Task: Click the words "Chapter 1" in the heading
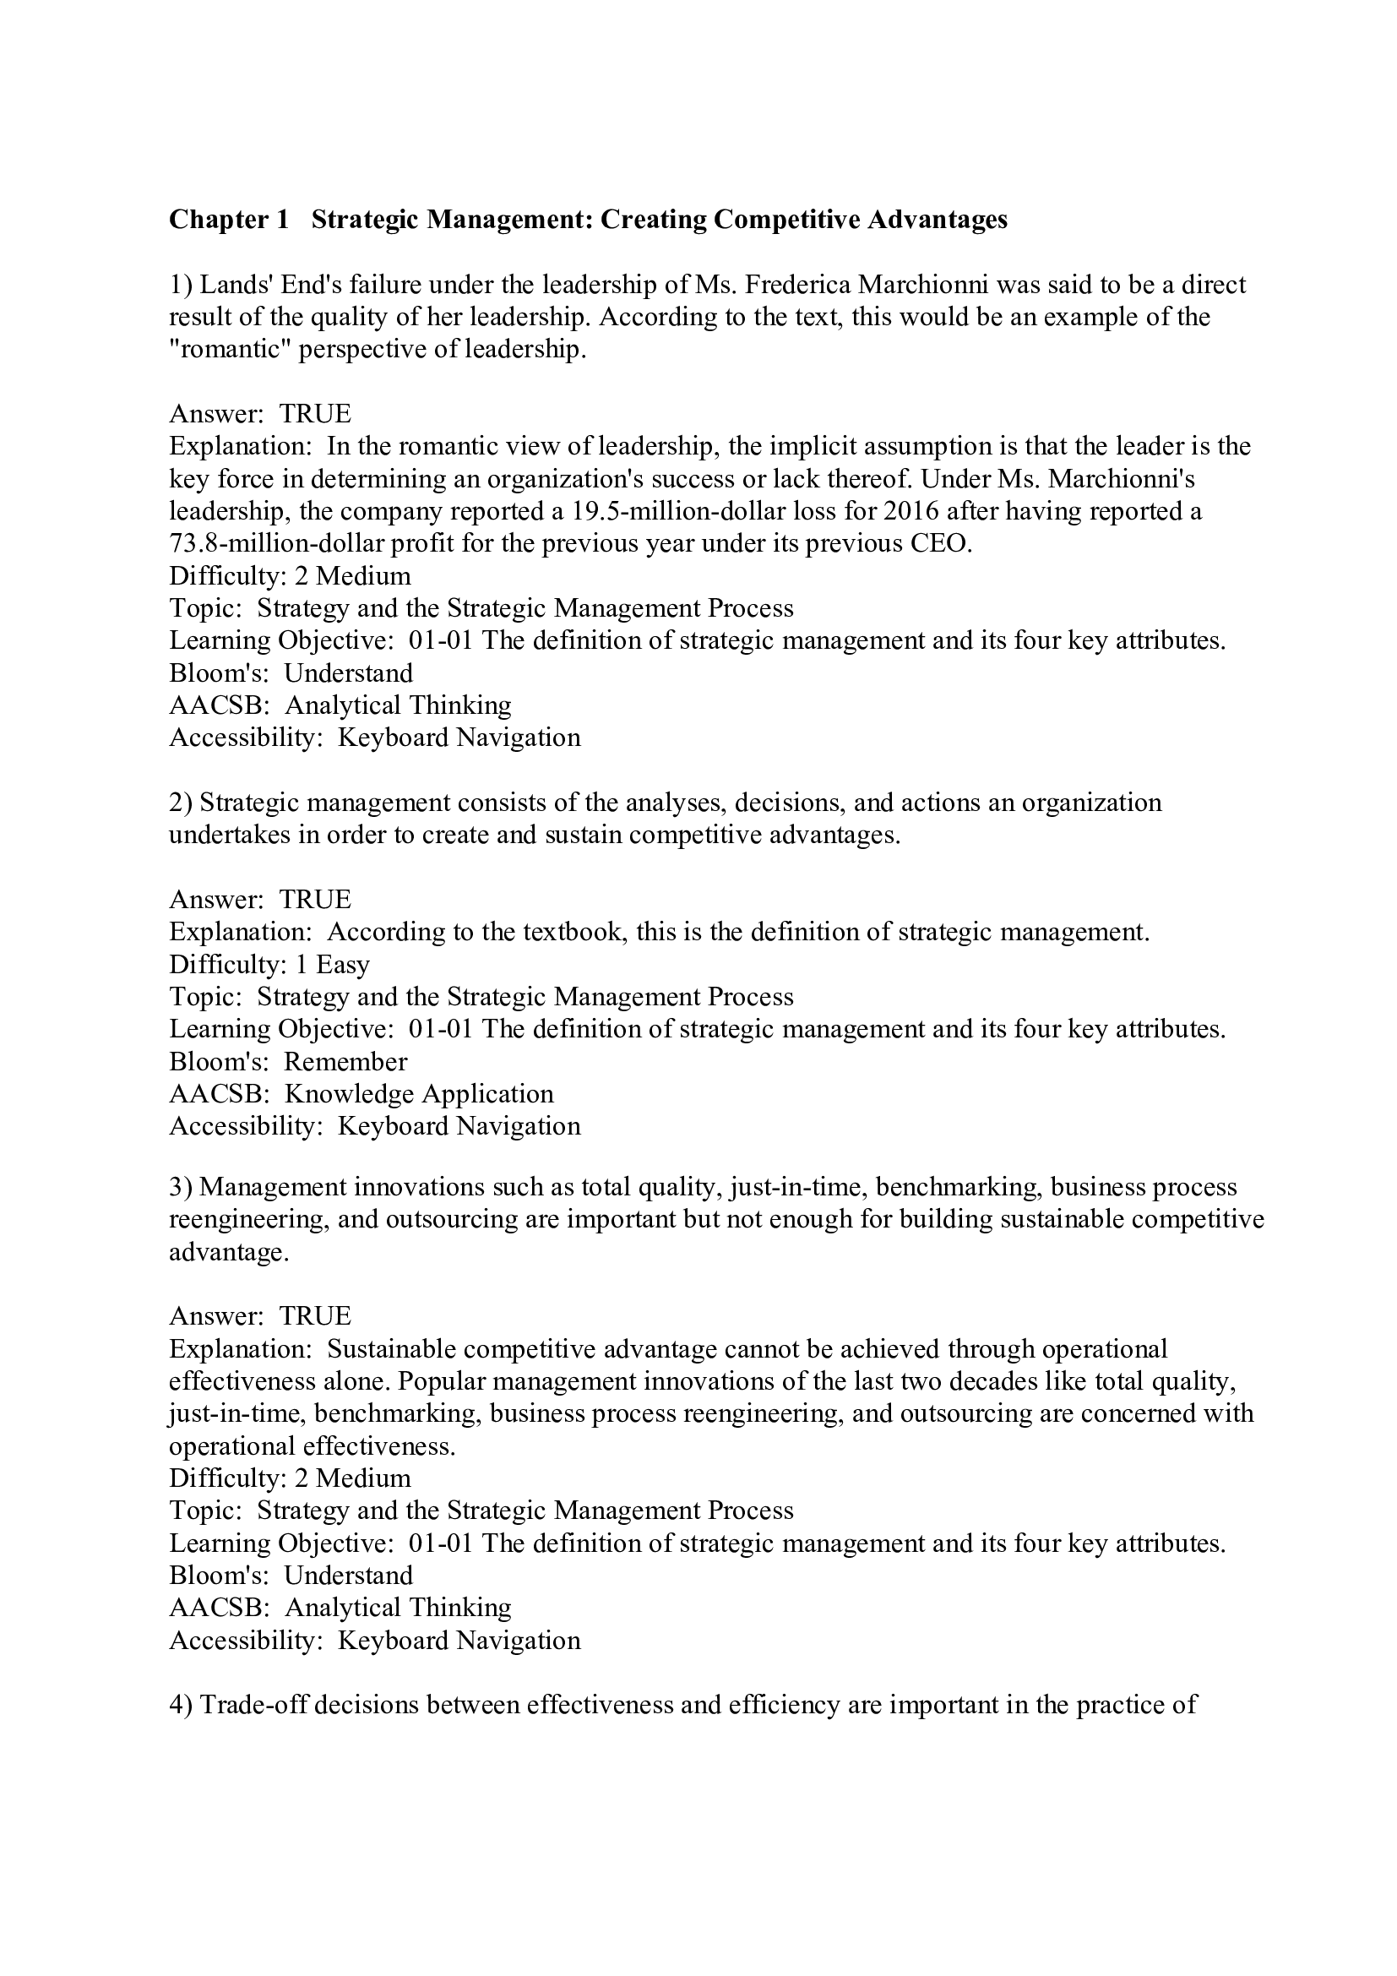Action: (229, 220)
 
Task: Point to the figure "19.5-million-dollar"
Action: (672, 511)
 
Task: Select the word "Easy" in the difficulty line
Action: (342, 964)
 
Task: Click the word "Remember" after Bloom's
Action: (345, 1061)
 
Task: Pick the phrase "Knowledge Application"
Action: (419, 1094)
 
